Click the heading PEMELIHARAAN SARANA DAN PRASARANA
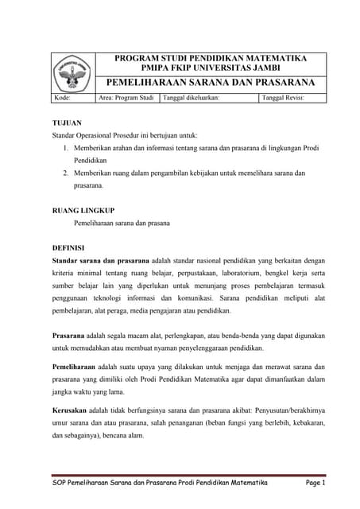pos(211,83)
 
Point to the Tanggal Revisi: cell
pos(283,98)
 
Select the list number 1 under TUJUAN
pos(64,149)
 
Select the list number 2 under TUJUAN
pos(64,173)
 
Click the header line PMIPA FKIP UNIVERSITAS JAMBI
pos(211,69)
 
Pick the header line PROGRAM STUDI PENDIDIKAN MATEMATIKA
pos(211,59)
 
